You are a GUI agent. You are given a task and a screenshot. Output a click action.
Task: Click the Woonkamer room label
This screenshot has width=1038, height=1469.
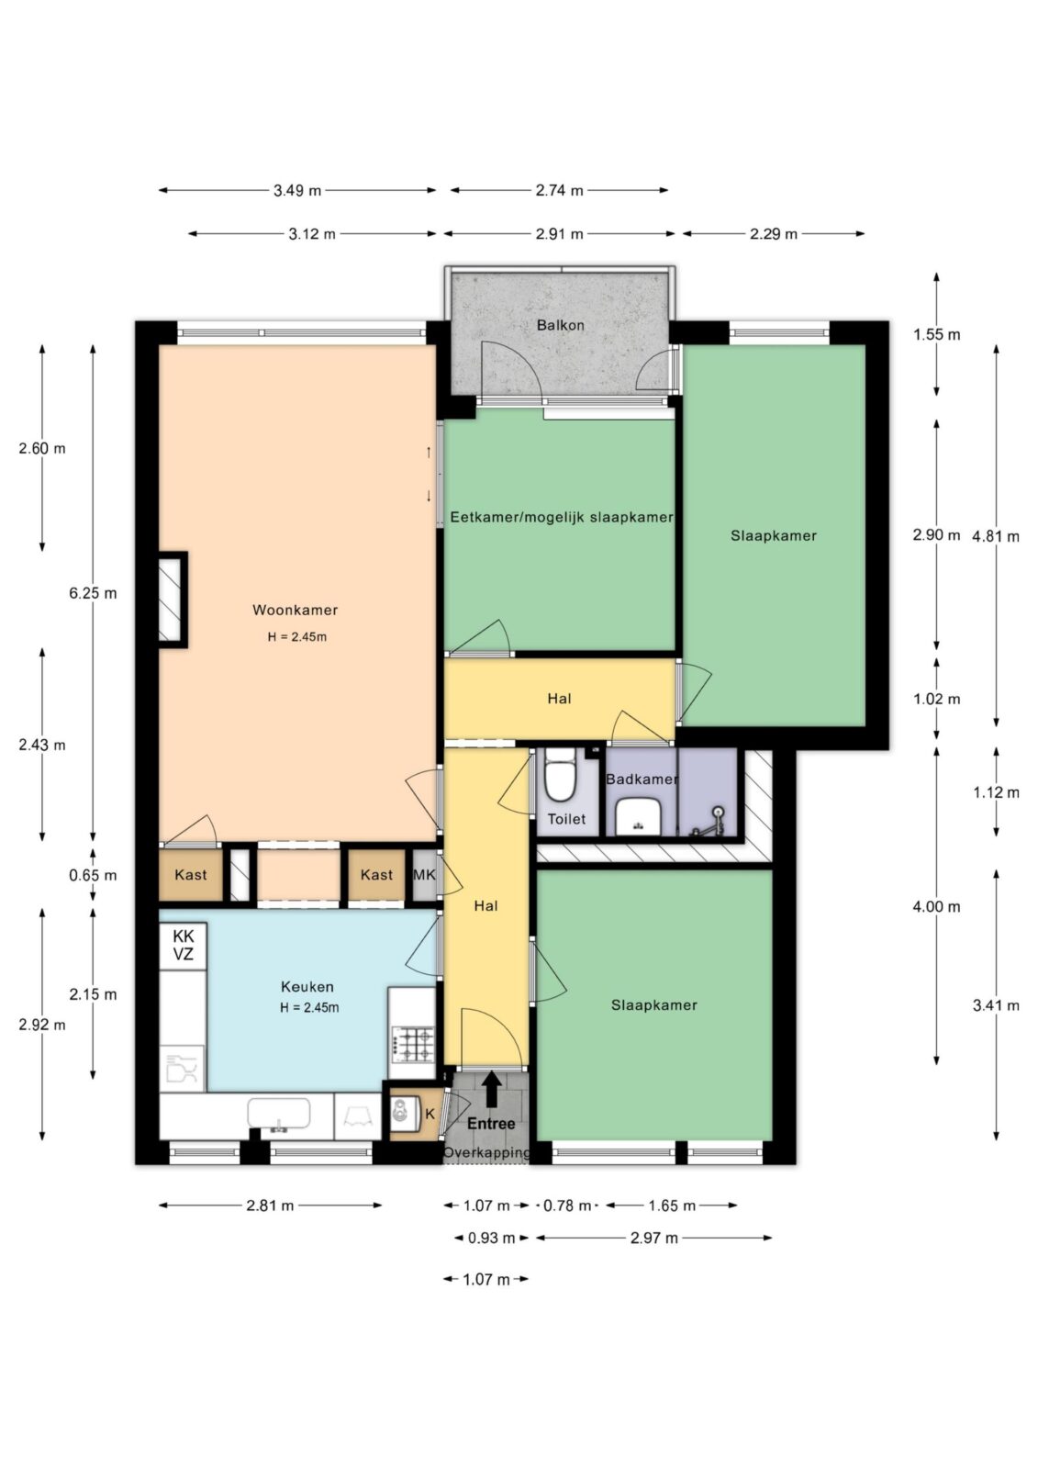tap(296, 610)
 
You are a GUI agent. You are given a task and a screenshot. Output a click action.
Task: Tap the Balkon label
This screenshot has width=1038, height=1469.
tap(560, 325)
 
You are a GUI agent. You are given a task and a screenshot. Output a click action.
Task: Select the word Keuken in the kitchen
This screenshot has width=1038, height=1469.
tap(307, 986)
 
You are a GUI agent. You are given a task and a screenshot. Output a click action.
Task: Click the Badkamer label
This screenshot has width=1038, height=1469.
tap(642, 779)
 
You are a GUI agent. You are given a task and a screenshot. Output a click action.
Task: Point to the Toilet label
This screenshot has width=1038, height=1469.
tap(566, 818)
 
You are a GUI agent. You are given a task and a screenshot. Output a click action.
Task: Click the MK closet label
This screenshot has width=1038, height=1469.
tap(424, 874)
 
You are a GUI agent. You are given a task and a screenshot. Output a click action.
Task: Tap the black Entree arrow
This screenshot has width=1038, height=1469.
tap(491, 1089)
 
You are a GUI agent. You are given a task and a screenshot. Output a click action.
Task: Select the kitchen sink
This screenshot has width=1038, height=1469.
tap(279, 1114)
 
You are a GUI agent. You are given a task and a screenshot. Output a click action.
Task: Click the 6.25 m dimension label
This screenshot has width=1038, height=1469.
tap(93, 593)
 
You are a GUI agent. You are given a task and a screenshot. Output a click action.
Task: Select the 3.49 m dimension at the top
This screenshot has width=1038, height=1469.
tap(297, 191)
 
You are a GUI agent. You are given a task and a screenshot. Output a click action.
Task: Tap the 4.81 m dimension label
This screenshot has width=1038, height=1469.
tap(996, 536)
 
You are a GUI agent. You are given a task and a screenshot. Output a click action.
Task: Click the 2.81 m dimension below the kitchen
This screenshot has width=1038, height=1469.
tap(270, 1205)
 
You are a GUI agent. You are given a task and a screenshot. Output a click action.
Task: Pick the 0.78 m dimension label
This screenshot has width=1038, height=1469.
tap(567, 1205)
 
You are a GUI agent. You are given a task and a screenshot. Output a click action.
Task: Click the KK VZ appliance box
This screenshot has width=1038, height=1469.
tap(184, 945)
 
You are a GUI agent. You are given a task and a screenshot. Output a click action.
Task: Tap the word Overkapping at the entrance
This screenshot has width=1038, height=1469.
tap(486, 1152)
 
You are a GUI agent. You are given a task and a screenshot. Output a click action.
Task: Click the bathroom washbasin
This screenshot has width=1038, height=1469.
tap(638, 816)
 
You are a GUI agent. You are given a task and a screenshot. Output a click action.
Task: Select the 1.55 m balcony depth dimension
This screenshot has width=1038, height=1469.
tap(936, 334)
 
